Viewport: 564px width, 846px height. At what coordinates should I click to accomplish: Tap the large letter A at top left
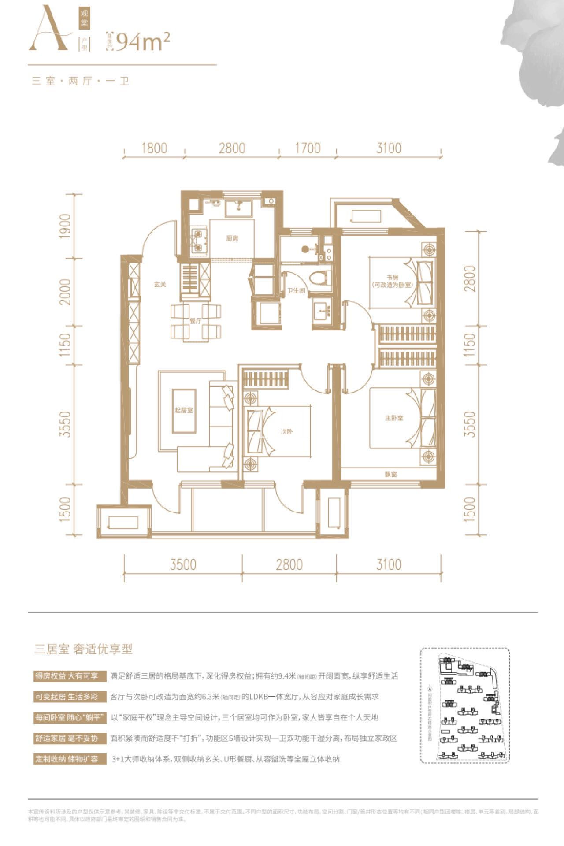(48, 30)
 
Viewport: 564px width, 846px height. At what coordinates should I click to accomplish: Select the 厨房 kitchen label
(232, 238)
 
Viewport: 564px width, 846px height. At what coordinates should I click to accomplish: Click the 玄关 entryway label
(160, 284)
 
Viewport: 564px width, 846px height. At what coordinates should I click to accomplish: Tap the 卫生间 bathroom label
(296, 291)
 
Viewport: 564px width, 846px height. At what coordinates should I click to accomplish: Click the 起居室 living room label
(184, 410)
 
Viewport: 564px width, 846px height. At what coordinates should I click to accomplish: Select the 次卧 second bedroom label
(286, 432)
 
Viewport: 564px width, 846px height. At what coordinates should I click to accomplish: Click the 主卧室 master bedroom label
(393, 417)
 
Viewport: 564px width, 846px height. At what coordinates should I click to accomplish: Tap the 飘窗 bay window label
(391, 475)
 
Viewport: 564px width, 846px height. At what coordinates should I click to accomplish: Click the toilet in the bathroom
(319, 279)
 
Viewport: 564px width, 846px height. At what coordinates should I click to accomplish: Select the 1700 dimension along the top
(308, 148)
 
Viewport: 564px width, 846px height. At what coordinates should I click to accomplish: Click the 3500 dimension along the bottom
(183, 564)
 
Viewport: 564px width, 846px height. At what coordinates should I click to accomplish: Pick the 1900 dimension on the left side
(65, 226)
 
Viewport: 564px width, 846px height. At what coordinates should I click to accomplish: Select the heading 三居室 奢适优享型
(84, 649)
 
